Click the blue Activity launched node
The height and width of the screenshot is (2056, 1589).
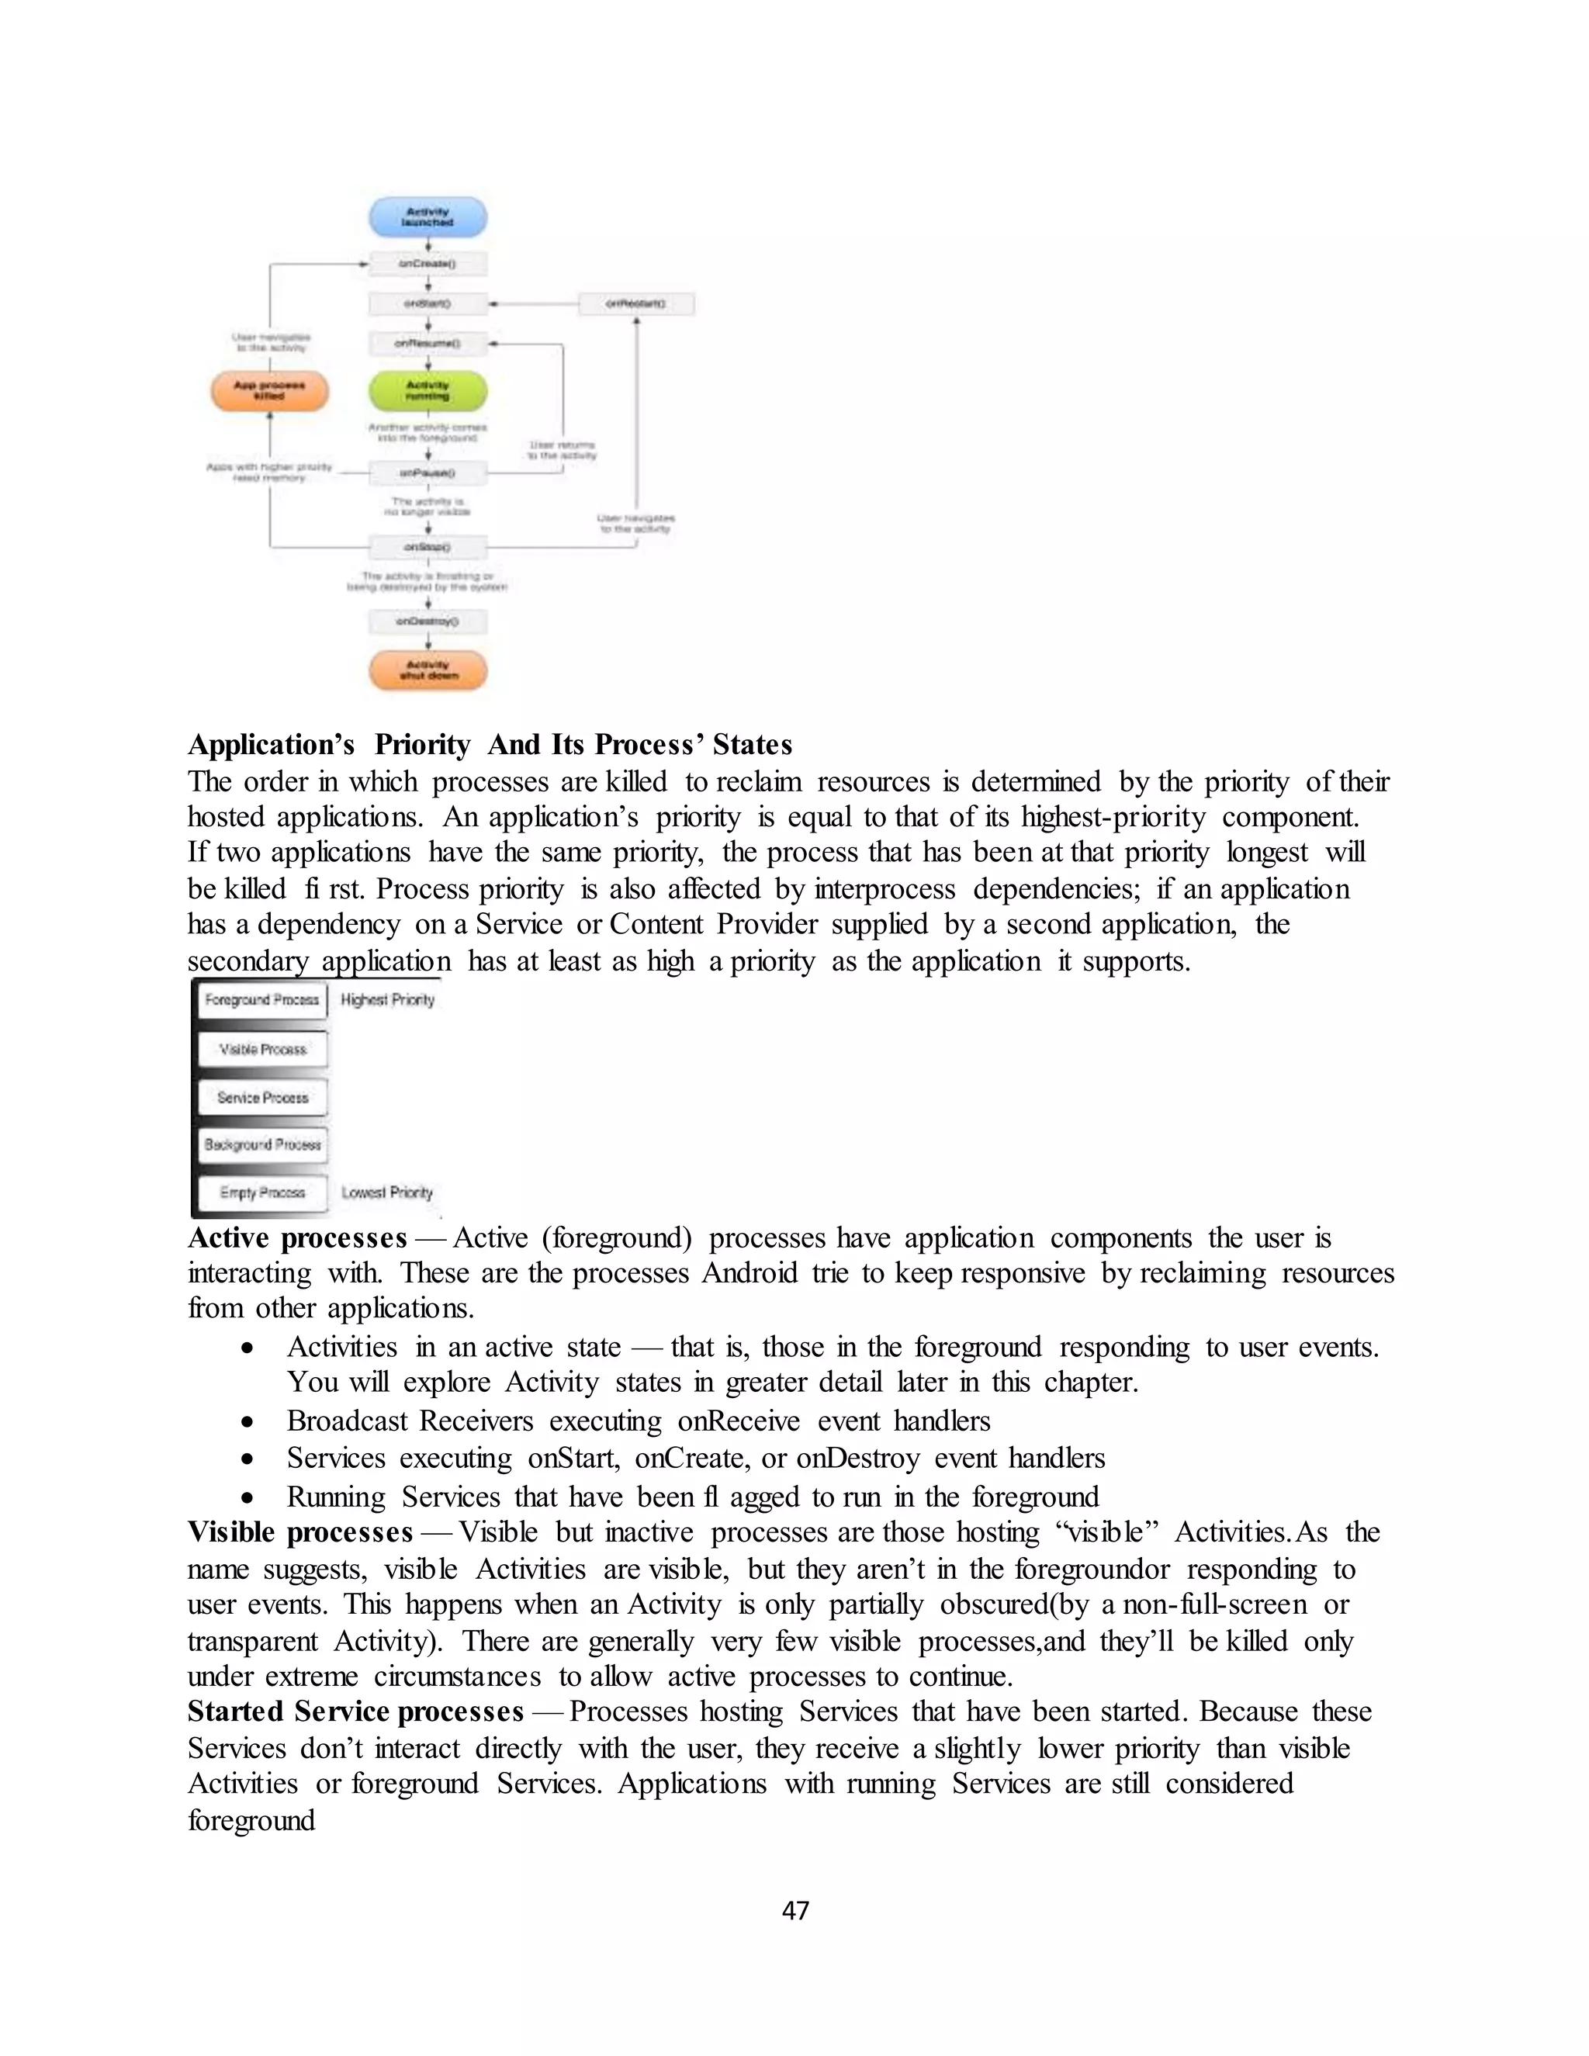(x=428, y=217)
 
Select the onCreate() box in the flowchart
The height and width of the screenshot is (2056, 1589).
(x=428, y=265)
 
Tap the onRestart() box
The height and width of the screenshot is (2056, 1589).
(x=636, y=304)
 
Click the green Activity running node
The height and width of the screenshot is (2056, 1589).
(x=428, y=391)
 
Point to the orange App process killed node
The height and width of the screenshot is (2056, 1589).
(x=269, y=391)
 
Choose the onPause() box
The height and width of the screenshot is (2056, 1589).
(x=428, y=472)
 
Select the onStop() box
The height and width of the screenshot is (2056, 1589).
(x=428, y=547)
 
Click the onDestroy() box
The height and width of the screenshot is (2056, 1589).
(x=428, y=621)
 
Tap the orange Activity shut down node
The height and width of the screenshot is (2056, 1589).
(x=428, y=670)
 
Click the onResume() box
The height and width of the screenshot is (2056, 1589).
(x=428, y=344)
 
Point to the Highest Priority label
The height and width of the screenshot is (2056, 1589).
(x=388, y=1000)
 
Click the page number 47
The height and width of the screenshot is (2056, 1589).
(x=795, y=1910)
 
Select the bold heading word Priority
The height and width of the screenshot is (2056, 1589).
(x=422, y=745)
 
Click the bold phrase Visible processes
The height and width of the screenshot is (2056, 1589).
(x=300, y=1532)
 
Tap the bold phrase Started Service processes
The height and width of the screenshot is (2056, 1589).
(x=355, y=1712)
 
